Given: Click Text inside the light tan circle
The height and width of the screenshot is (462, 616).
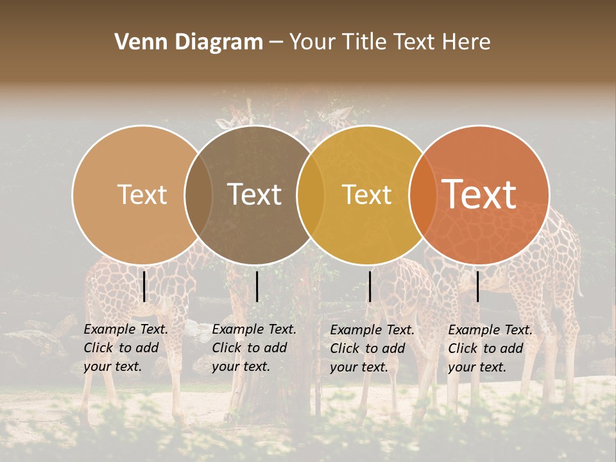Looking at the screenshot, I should [x=142, y=194].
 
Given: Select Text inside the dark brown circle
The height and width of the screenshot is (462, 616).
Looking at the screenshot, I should [x=254, y=194].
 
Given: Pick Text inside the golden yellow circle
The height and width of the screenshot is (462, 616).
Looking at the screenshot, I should [x=366, y=194].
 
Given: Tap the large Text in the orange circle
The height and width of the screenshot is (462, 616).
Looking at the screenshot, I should [x=479, y=194].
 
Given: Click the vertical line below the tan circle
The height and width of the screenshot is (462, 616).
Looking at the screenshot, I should [x=144, y=286].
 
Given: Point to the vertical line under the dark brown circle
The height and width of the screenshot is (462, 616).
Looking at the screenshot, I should [x=257, y=286].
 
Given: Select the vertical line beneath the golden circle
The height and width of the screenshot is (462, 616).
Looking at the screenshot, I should [x=370, y=286].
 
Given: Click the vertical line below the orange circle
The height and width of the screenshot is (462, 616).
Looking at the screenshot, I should [x=477, y=286].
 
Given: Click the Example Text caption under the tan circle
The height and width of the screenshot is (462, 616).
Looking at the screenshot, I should [x=125, y=348].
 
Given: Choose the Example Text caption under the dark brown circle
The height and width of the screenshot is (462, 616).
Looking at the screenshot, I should [x=253, y=348].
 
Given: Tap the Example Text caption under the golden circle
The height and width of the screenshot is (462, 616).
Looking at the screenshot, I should [x=372, y=348].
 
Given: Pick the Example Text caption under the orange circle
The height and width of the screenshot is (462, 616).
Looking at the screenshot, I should [x=490, y=348].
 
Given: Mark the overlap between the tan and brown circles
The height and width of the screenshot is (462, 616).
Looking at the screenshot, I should [x=198, y=194].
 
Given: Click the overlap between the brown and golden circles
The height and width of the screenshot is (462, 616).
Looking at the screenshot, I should [x=311, y=194].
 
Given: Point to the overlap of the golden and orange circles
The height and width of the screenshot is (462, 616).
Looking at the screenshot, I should [x=421, y=194].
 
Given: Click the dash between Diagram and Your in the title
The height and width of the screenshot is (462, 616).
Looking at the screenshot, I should [x=276, y=42].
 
